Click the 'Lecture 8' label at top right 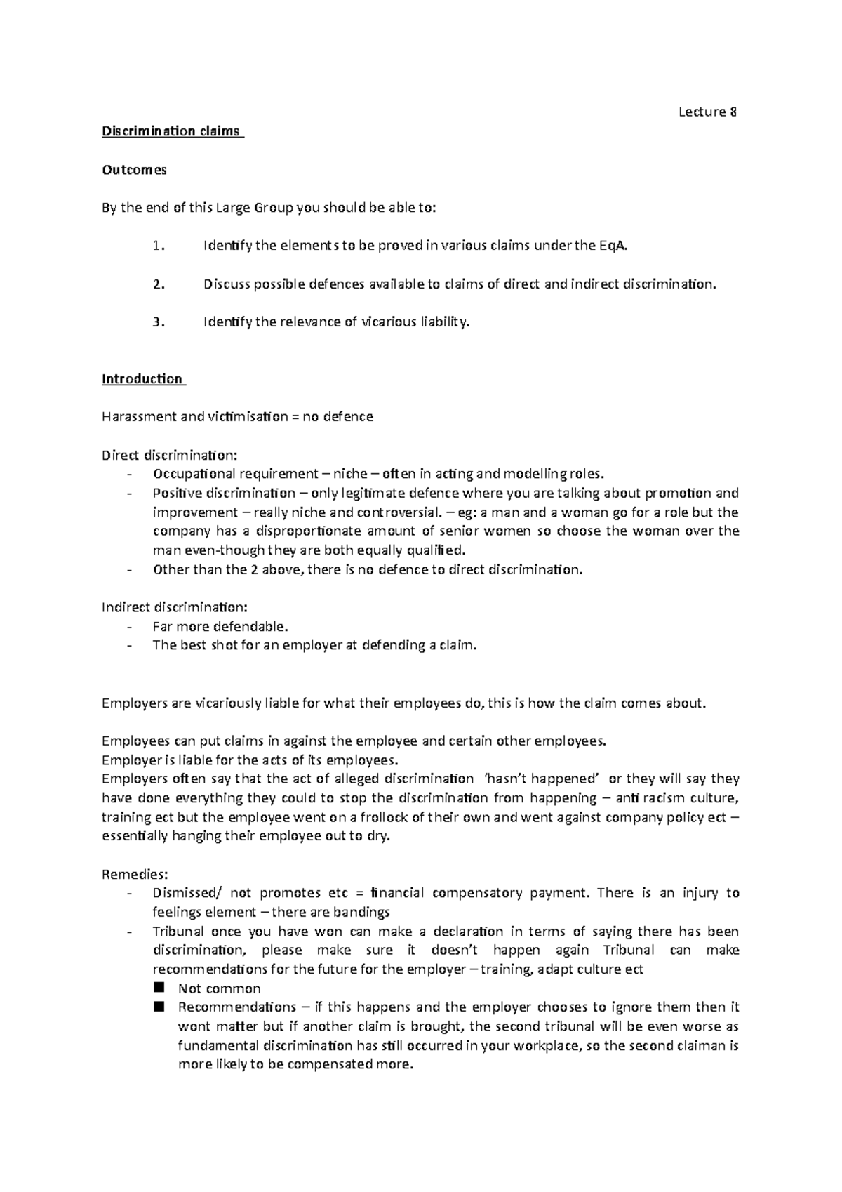coord(707,112)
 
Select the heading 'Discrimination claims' coord(171,131)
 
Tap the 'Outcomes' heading coord(135,170)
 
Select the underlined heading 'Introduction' coord(142,379)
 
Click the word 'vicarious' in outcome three coord(389,322)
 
